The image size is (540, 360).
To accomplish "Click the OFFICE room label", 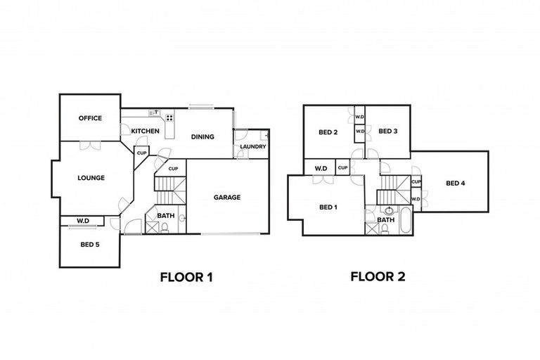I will coord(90,118).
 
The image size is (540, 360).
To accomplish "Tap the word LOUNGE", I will coord(91,178).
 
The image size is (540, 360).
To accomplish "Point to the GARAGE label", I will coord(227,198).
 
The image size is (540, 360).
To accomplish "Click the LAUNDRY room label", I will coord(252,146).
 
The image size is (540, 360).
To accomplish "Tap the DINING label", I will coord(202,136).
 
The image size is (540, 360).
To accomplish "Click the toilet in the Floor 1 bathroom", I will coord(165,227).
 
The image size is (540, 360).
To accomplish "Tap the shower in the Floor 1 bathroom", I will coord(153,226).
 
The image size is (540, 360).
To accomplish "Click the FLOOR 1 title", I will coord(186,277).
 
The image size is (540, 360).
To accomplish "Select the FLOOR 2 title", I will coord(378,277).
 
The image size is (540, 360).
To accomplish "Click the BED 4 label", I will coord(456,184).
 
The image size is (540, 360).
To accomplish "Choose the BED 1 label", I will coord(328,207).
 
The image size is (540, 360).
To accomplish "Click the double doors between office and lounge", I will coord(89,145).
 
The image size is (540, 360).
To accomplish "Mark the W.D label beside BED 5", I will coord(83,221).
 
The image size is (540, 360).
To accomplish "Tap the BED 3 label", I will coord(388,131).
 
